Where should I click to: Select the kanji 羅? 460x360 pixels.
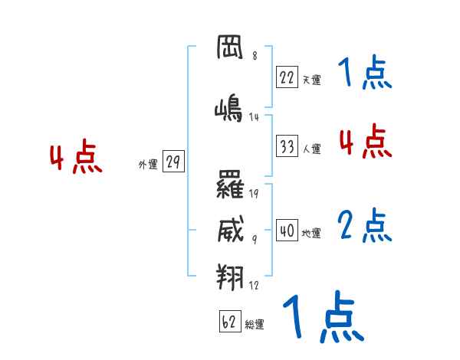click(230, 185)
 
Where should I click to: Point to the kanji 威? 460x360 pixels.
click(230, 228)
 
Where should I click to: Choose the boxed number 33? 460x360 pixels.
click(287, 146)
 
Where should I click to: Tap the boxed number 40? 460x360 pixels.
click(287, 231)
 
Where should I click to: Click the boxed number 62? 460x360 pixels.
click(229, 322)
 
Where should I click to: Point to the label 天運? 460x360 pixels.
click(311, 79)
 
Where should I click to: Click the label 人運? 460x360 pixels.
click(311, 149)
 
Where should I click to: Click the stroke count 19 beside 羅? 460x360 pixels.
click(254, 193)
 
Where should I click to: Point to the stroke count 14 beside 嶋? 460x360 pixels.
click(254, 117)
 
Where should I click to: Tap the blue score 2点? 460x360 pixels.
click(365, 225)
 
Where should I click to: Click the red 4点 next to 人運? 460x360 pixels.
click(365, 142)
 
